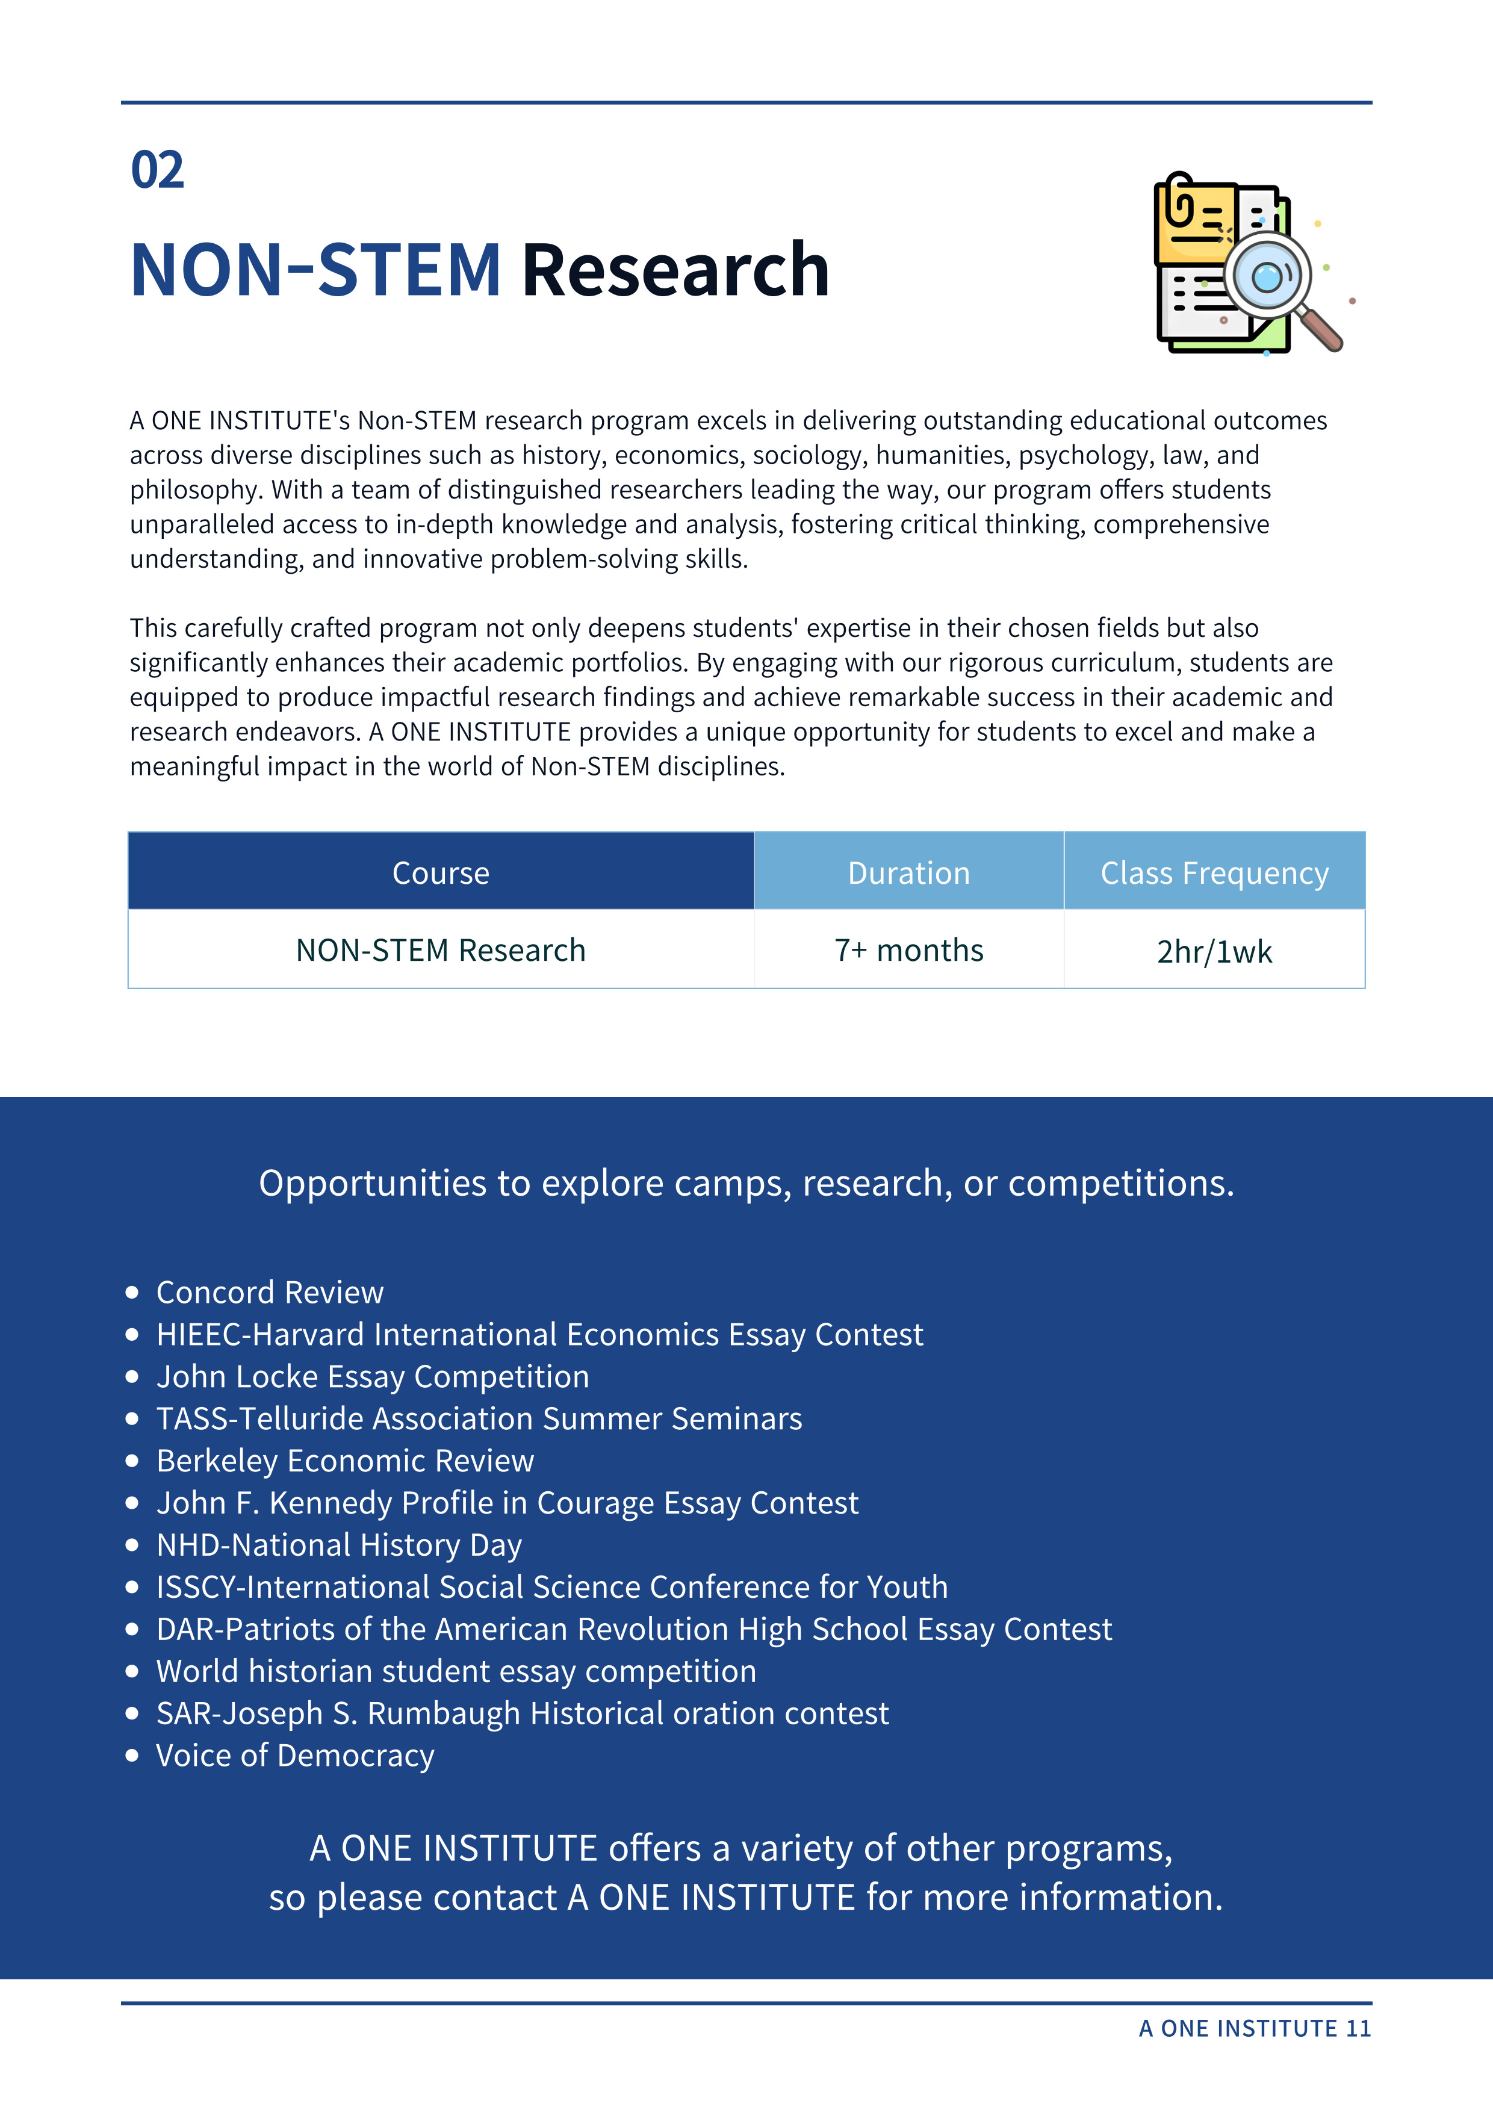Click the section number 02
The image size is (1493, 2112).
157,170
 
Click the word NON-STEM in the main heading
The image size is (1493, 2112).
315,270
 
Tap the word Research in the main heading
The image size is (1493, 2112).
675,270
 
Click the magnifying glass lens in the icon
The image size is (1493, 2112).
1267,275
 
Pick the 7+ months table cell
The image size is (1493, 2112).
909,950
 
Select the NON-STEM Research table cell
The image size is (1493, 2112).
441,950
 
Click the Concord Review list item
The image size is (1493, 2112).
270,1293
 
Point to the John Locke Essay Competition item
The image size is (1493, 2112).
373,1377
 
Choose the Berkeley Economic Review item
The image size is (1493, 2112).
345,1461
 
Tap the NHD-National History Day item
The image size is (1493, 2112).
338,1545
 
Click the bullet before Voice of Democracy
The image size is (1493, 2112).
132,1755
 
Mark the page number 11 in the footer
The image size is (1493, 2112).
1358,2028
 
